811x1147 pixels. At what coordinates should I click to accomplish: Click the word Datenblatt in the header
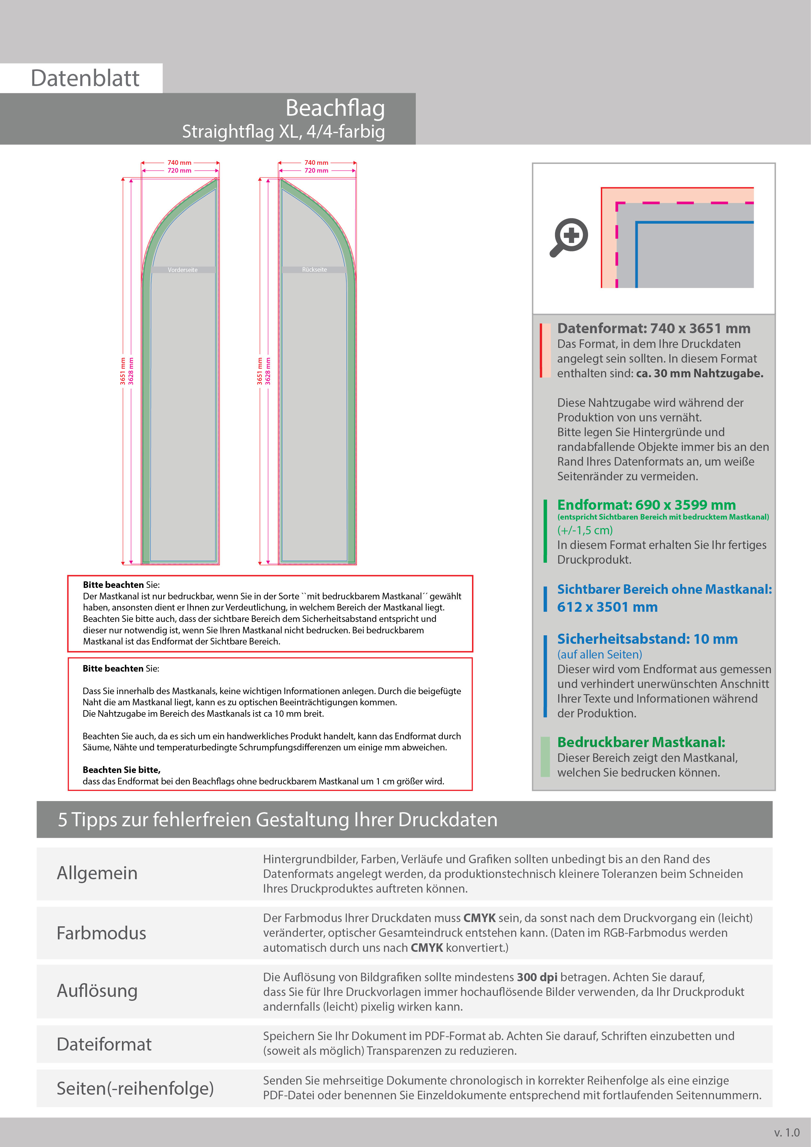click(x=85, y=78)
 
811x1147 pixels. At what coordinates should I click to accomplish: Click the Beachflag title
click(x=335, y=109)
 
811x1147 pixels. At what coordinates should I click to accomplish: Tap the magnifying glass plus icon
click(x=570, y=236)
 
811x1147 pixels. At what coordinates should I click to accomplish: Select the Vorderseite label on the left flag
click(x=182, y=270)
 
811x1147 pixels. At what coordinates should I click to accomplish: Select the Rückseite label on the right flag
click(x=314, y=269)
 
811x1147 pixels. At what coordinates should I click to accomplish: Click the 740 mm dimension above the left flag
click(x=179, y=163)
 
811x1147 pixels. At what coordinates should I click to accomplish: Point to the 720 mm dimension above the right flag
click(x=317, y=170)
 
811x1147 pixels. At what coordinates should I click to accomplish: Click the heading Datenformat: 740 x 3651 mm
click(x=653, y=328)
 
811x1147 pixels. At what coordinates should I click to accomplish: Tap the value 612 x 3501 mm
click(x=607, y=607)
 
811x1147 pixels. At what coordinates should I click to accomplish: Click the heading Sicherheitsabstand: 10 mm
click(x=647, y=639)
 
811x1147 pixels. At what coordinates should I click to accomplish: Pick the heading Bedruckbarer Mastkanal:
click(x=641, y=742)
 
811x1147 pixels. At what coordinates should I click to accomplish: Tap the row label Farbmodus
click(x=101, y=933)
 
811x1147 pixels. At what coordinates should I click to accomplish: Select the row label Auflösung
click(x=97, y=991)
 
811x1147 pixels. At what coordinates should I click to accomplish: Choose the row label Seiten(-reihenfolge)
click(x=135, y=1088)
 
